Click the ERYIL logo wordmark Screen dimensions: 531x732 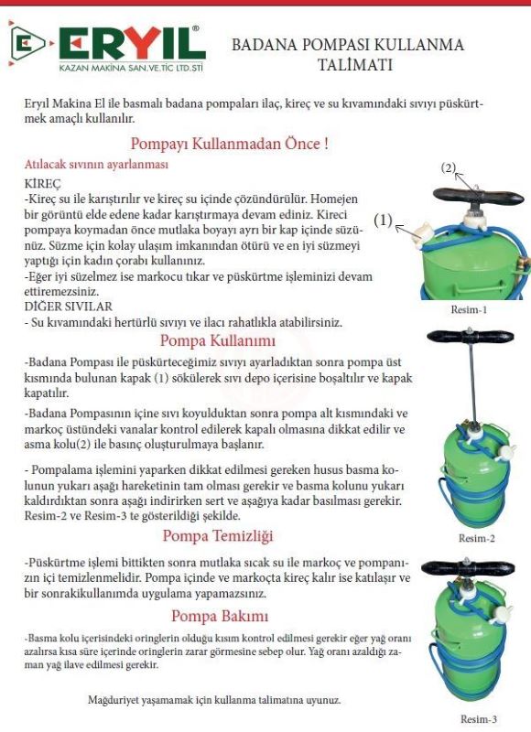pos(133,43)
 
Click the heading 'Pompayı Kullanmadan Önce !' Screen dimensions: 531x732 pos(229,144)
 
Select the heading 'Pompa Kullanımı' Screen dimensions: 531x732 pos(218,340)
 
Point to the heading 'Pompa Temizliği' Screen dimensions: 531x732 pos(218,535)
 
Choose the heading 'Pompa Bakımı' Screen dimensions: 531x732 pos(220,616)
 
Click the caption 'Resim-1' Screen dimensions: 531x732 pos(469,309)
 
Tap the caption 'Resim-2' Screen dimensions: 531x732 pos(476,538)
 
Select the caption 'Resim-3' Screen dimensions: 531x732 pos(479,719)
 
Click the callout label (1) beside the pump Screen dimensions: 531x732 pos(384,220)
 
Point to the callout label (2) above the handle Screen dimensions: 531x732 pos(449,167)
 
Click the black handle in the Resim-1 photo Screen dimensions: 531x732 pos(477,196)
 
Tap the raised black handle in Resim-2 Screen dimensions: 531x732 pos(470,336)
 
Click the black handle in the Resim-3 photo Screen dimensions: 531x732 pos(468,568)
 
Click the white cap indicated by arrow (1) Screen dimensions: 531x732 pos(423,232)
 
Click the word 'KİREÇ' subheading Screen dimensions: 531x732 pos(42,184)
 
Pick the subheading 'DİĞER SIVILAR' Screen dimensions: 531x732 pos(68,307)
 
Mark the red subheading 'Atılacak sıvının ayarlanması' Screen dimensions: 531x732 pos(96,165)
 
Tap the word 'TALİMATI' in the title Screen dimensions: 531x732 pos(354,64)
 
